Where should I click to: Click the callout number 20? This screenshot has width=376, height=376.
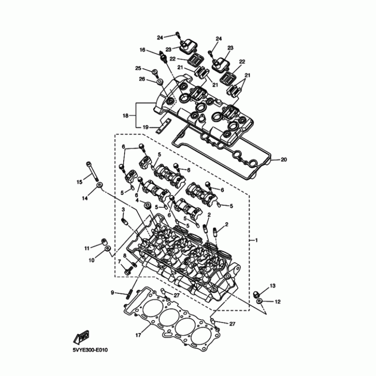(x=283, y=160)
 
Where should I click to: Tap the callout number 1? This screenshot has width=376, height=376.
(x=257, y=241)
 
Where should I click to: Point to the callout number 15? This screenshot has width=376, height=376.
(x=79, y=182)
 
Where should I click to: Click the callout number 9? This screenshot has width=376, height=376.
(x=113, y=293)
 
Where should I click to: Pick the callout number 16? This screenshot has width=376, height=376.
(x=142, y=50)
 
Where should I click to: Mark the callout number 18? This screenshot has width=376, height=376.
(x=125, y=116)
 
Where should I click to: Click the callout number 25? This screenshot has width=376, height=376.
(x=138, y=68)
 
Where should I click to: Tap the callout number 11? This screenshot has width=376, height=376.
(x=87, y=248)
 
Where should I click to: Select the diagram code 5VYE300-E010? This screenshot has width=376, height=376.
(x=92, y=350)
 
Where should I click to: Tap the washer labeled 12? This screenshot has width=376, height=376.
(x=260, y=300)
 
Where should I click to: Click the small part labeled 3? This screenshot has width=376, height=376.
(x=125, y=220)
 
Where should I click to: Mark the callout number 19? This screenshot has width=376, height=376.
(x=145, y=127)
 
